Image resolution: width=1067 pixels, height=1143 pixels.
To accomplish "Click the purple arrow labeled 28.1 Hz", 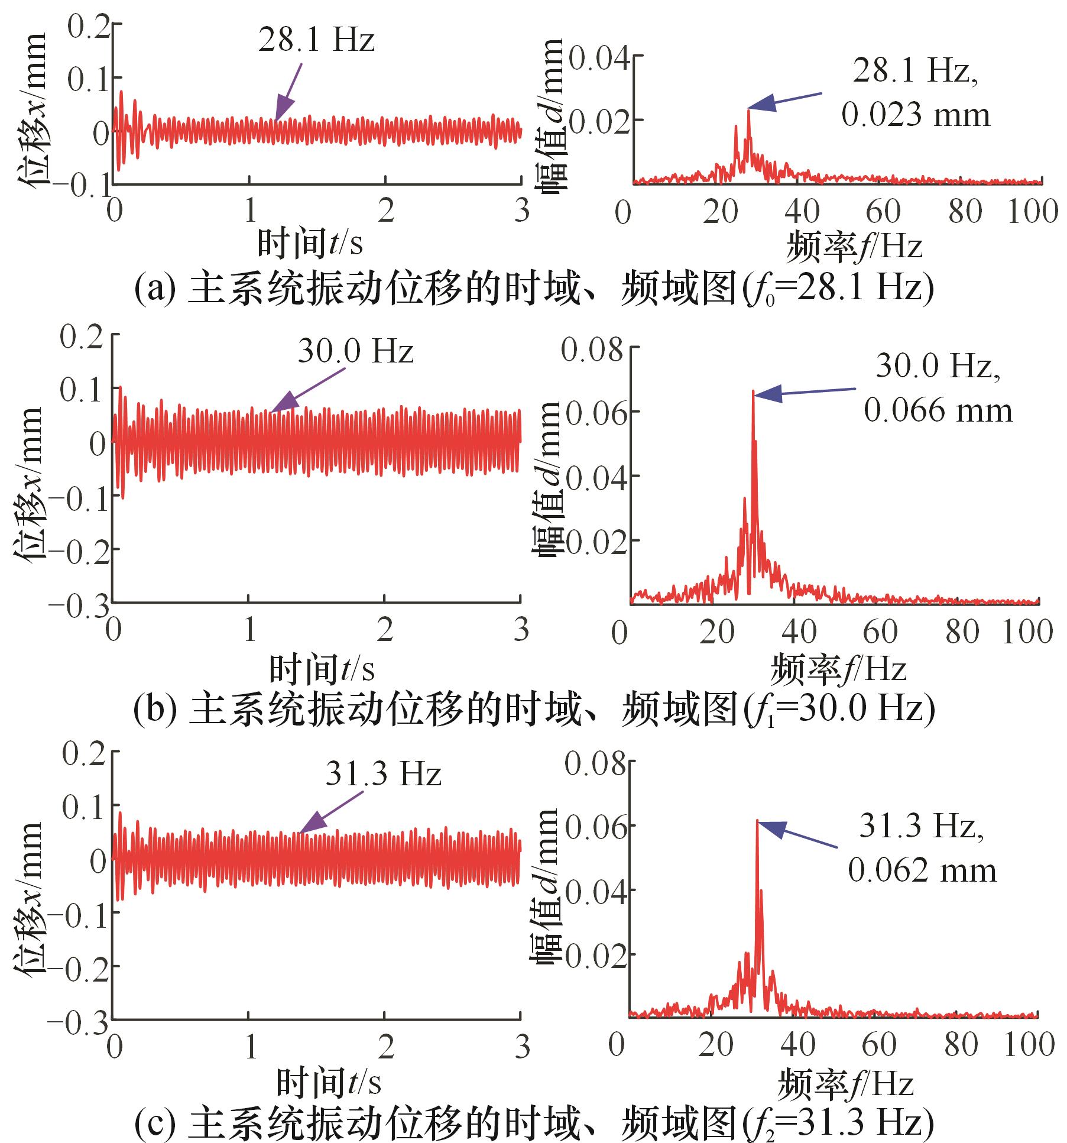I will pyautogui.click(x=288, y=92).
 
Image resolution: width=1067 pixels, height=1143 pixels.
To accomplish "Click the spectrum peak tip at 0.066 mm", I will pyautogui.click(x=753, y=391).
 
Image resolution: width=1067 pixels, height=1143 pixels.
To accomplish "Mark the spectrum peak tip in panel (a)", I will pyautogui.click(x=748, y=111).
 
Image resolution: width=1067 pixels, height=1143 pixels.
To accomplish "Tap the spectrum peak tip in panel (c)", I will pyautogui.click(x=757, y=821).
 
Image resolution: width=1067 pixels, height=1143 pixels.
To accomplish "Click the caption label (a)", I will pyautogui.click(x=155, y=288).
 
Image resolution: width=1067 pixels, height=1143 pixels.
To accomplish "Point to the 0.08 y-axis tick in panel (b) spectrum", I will pyautogui.click(x=592, y=349).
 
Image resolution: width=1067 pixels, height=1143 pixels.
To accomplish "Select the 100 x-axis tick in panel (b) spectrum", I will pyautogui.click(x=1028, y=632).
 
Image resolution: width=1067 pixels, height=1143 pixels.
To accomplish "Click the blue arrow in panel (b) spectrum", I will pyautogui.click(x=804, y=391).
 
